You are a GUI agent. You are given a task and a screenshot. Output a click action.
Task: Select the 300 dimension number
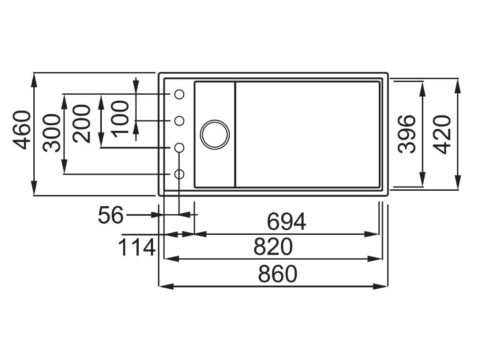pyautogui.click(x=52, y=133)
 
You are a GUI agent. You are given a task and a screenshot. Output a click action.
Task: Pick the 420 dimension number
pyautogui.click(x=442, y=134)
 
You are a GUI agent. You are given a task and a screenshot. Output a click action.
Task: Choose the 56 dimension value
pyautogui.click(x=111, y=216)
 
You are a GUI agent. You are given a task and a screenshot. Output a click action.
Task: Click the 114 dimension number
pyautogui.click(x=136, y=247)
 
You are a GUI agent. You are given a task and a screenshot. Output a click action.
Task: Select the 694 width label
pyautogui.click(x=286, y=222)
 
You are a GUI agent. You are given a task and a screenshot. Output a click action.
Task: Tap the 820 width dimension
pyautogui.click(x=273, y=247)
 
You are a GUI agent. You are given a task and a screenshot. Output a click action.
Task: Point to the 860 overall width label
pyautogui.click(x=277, y=274)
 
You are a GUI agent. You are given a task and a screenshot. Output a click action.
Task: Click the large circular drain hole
pyautogui.click(x=215, y=135)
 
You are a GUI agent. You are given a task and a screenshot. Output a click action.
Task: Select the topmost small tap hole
pyautogui.click(x=179, y=94)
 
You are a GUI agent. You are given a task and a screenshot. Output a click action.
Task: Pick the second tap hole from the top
pyautogui.click(x=179, y=121)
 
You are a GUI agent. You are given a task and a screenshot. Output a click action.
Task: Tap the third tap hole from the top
pyautogui.click(x=179, y=148)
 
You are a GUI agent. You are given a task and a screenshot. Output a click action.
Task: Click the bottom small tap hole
pyautogui.click(x=179, y=174)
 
